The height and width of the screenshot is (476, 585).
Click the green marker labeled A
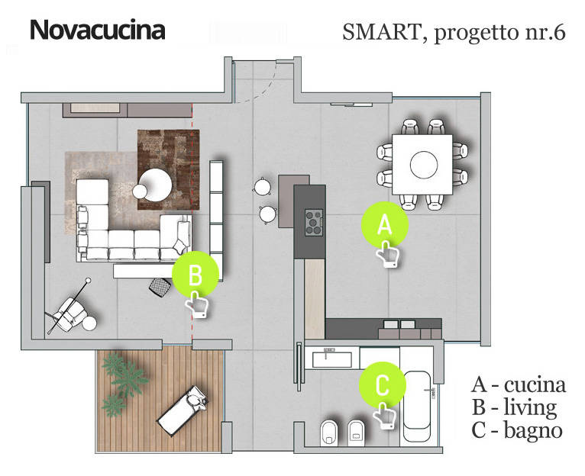coord(385,225)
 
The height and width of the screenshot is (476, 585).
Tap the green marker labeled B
coord(196,274)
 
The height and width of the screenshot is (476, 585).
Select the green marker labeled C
coord(383,385)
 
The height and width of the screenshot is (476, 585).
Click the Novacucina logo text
coord(97,31)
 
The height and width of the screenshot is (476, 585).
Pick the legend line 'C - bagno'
coord(517,430)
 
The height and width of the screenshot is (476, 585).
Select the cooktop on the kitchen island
coord(314,221)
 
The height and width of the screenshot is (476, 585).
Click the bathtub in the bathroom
coord(417,408)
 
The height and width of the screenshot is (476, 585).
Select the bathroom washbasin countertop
coord(333,356)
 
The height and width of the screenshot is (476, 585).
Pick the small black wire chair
coord(158,286)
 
